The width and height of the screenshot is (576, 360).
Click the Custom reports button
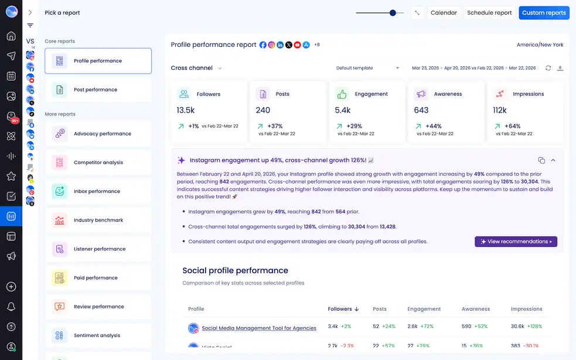(x=544, y=13)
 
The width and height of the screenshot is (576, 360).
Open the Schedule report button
(x=489, y=13)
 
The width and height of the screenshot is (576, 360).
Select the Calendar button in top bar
(x=444, y=13)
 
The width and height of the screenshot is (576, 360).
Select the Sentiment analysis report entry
(x=97, y=335)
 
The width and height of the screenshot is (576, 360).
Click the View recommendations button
(x=516, y=242)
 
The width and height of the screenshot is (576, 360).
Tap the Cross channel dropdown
(x=196, y=68)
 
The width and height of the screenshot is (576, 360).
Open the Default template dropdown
(x=367, y=68)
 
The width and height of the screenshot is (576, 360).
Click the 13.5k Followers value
(x=185, y=110)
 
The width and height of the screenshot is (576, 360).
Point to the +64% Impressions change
(x=512, y=126)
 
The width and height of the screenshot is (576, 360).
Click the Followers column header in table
(x=343, y=309)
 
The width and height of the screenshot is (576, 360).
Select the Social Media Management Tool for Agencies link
(x=258, y=328)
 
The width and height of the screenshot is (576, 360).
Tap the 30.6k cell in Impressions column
(x=517, y=327)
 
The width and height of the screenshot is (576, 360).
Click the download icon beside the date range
(x=560, y=68)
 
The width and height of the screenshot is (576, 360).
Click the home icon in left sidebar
(x=11, y=36)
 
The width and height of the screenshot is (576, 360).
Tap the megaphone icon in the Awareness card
(x=421, y=94)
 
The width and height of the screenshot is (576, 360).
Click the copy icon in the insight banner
(x=541, y=160)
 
